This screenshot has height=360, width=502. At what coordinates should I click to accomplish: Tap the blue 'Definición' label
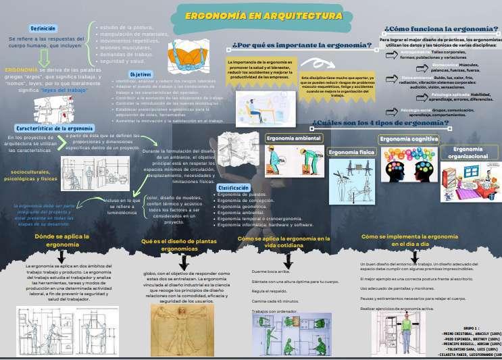(x=43, y=28)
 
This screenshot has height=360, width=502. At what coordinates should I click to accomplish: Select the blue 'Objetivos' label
(x=141, y=74)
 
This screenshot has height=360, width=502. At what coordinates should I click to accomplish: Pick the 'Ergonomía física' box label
(x=351, y=153)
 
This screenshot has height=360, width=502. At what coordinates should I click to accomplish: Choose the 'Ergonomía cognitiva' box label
(x=409, y=139)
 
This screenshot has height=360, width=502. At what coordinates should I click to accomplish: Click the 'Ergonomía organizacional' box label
(x=468, y=153)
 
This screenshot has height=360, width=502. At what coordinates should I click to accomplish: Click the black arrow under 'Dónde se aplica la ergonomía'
(x=62, y=256)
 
